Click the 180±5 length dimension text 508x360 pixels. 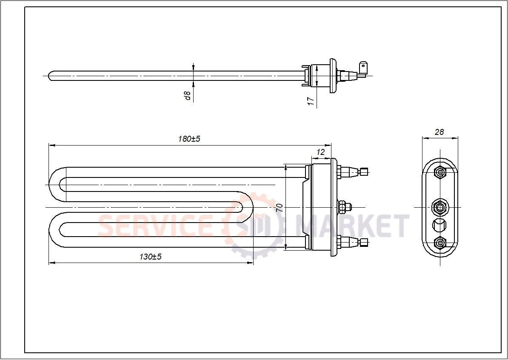point(189,139)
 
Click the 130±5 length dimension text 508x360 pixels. point(151,257)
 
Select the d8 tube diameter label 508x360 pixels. point(188,96)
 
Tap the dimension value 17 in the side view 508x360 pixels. point(311,101)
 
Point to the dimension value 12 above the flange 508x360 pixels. point(321,152)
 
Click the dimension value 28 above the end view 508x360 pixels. point(440,132)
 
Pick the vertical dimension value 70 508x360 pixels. point(280,208)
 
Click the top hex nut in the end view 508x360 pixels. point(440,172)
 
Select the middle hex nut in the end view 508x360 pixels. point(440,207)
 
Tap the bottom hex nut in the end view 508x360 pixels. point(440,243)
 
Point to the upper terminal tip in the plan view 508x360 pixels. point(364,171)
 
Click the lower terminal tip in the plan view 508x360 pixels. point(364,243)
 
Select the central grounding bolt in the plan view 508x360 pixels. point(345,207)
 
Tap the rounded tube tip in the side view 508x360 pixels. point(51,76)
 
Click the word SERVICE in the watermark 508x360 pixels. point(155,226)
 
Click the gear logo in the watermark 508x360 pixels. point(255,226)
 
